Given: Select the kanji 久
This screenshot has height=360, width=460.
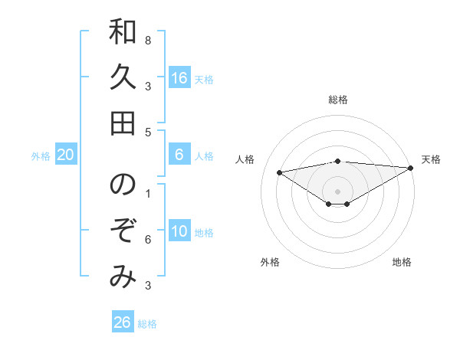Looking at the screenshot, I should click(x=123, y=77).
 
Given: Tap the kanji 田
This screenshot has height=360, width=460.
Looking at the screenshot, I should click(x=123, y=123).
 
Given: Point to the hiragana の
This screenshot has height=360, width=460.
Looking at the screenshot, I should click(x=123, y=185).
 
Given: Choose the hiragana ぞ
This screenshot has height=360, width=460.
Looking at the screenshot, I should click(x=123, y=231).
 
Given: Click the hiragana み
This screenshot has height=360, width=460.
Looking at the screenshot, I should click(x=123, y=277).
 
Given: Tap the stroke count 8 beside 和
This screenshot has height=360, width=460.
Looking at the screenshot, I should click(x=148, y=40).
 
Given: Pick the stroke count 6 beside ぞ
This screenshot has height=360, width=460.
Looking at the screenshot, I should click(x=148, y=240).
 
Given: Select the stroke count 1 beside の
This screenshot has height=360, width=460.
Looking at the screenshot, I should click(x=148, y=193).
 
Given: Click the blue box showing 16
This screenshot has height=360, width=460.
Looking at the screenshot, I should click(x=179, y=78).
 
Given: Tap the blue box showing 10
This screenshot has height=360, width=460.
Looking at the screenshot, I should click(x=179, y=232).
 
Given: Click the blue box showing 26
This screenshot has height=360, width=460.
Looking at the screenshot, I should click(x=123, y=322).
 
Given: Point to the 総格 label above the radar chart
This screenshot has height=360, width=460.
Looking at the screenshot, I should click(x=338, y=100).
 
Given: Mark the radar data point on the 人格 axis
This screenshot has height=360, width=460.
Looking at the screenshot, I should click(x=279, y=172).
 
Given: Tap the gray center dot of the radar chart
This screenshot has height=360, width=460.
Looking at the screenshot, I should click(x=338, y=191).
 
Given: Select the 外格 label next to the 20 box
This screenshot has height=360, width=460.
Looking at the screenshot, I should click(x=41, y=156).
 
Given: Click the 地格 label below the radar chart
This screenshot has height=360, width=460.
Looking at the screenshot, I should click(x=402, y=262).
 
